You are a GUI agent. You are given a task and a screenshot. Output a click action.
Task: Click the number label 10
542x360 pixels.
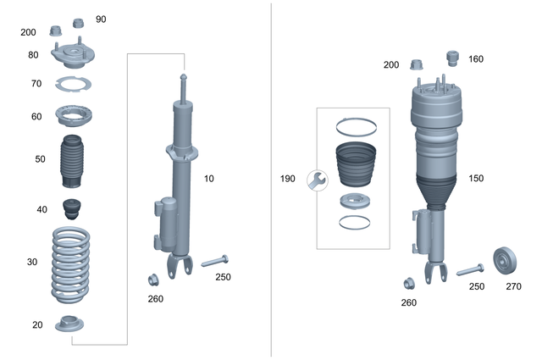(209, 179)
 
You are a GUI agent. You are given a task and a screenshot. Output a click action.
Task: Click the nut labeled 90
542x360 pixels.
(80, 23)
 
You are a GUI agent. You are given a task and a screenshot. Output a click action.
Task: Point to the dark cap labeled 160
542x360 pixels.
(452, 58)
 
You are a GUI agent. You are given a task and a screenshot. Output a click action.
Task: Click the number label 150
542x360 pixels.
(476, 179)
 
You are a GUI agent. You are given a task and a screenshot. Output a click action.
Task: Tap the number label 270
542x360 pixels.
(513, 286)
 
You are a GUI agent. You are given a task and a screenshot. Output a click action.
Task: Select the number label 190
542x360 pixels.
(288, 180)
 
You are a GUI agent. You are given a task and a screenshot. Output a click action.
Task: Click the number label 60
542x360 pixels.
(36, 117)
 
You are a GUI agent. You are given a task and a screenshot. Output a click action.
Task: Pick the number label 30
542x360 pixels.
(32, 262)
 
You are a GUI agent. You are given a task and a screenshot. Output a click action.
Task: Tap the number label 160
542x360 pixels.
(476, 59)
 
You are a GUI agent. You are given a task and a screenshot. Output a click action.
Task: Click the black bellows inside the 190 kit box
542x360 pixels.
(354, 166)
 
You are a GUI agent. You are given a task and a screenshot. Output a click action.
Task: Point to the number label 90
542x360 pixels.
(101, 19)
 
